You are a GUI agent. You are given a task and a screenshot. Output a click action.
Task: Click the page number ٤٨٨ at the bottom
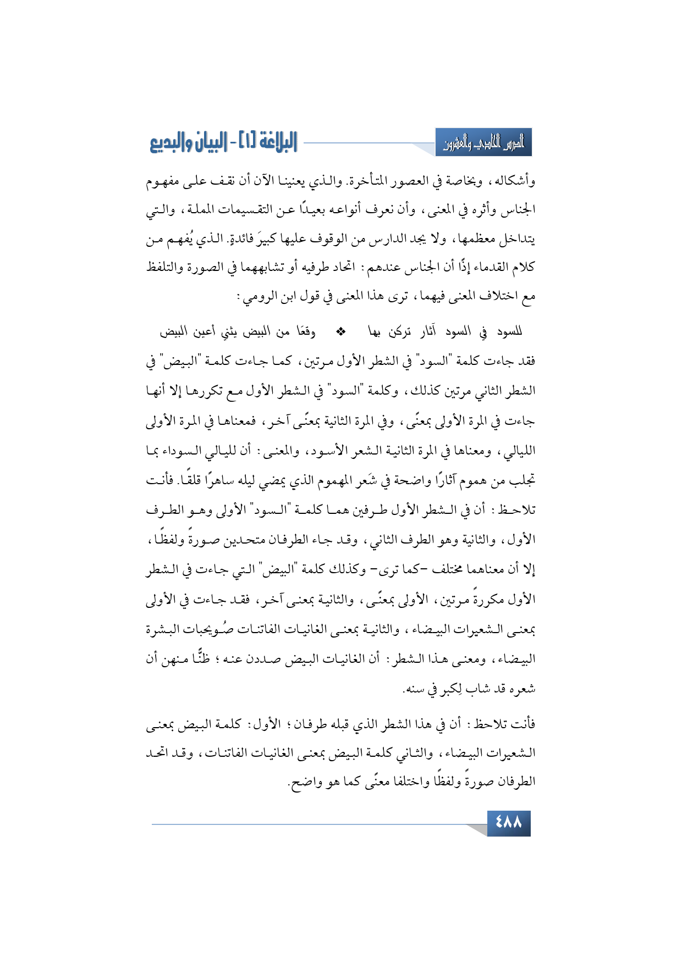click(x=508, y=823)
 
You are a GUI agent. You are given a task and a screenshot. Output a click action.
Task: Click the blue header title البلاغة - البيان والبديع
click(x=223, y=143)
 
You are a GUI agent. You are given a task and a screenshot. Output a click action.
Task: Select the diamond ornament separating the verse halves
click(x=341, y=331)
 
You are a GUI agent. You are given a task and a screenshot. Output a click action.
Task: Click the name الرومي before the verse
click(x=256, y=297)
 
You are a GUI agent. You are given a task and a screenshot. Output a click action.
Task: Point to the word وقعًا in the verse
click(x=306, y=331)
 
